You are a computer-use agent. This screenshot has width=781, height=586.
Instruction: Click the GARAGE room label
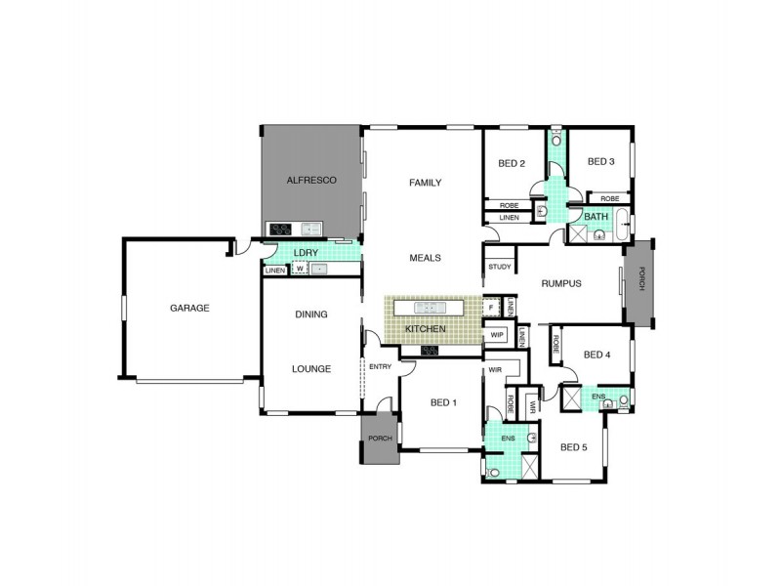(x=189, y=308)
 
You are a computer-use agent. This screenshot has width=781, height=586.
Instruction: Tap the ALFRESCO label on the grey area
(x=311, y=181)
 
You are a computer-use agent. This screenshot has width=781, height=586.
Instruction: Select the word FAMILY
(x=426, y=183)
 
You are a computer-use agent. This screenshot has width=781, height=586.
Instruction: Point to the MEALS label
(x=426, y=258)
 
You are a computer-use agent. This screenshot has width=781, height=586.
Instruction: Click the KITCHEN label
(x=426, y=329)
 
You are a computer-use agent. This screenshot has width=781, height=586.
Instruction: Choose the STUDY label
(x=500, y=267)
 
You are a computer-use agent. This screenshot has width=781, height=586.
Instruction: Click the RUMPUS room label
(x=561, y=284)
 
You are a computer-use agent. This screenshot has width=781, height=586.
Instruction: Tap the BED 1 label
(x=443, y=402)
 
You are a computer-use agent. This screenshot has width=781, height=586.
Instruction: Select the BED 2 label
(x=512, y=163)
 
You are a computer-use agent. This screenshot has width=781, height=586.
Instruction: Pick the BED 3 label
(x=600, y=162)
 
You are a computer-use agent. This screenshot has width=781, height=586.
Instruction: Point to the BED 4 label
(x=596, y=355)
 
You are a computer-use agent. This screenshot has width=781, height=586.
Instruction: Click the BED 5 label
(x=575, y=447)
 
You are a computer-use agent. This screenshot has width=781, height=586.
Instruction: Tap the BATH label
(x=595, y=216)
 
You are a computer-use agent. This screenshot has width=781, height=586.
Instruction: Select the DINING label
(x=310, y=314)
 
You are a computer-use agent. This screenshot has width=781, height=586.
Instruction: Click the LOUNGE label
(x=310, y=369)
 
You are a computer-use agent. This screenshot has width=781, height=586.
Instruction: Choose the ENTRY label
(x=380, y=366)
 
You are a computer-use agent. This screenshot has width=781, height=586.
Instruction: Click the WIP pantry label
(x=497, y=335)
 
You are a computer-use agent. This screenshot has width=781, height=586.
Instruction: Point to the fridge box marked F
(x=491, y=307)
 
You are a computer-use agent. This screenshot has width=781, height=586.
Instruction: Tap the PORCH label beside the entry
(x=380, y=439)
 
